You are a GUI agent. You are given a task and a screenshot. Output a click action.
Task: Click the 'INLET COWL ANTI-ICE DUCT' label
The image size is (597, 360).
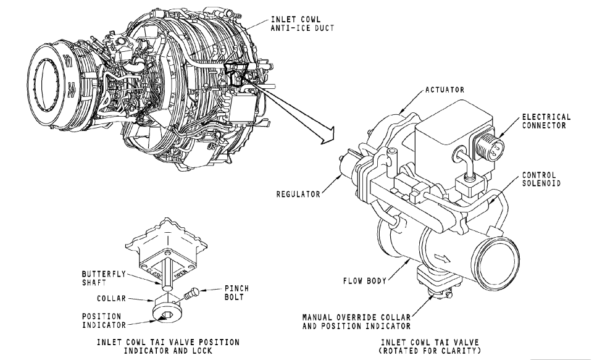click(303, 23)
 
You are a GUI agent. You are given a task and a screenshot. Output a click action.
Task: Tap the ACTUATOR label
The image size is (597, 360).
click(445, 90)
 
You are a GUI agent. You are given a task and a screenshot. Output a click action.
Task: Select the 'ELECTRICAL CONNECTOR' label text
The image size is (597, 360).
click(546, 121)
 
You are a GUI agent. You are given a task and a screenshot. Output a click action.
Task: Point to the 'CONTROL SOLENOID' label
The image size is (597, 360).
click(541, 179)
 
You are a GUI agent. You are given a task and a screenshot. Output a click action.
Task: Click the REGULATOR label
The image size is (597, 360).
click(299, 195)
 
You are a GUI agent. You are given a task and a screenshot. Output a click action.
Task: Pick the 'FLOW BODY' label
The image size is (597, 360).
click(365, 281)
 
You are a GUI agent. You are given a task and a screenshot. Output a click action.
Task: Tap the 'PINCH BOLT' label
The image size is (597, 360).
click(236, 293)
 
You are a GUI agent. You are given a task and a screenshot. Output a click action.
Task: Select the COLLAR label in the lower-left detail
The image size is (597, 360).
click(111, 298)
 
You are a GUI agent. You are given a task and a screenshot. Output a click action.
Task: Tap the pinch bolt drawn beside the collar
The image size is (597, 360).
click(190, 294)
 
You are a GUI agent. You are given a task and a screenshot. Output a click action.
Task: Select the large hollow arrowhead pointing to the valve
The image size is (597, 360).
click(327, 135)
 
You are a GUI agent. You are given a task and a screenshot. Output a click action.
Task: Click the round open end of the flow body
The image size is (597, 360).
click(496, 262)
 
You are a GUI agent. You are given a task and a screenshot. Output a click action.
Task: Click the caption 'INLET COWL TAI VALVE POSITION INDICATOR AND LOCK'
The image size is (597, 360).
click(168, 346)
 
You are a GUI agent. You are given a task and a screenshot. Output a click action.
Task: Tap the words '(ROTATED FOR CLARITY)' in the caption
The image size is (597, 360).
click(430, 351)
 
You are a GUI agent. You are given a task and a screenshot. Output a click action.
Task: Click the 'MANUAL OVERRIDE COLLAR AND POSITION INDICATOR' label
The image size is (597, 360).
click(356, 322)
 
